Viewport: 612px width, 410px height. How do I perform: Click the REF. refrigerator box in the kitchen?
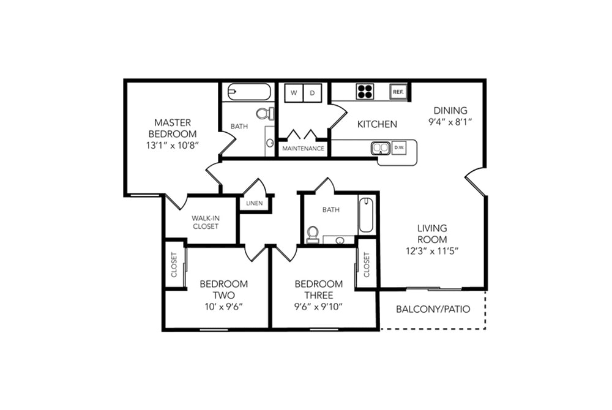coord(398,92)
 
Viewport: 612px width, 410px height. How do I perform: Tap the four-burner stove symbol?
coord(365,92)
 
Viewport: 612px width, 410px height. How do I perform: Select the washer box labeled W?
coord(294,93)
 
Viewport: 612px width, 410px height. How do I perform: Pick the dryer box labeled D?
coord(313,93)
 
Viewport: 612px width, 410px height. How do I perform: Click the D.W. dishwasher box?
coord(399,147)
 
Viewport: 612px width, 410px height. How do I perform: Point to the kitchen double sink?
coord(381,148)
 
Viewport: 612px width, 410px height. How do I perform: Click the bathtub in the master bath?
coord(249,92)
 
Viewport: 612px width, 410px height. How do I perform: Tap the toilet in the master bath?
coord(266,114)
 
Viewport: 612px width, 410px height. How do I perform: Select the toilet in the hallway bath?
coord(313,234)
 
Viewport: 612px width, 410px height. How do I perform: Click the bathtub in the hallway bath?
coord(366,215)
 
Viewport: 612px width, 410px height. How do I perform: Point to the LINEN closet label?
coord(255,203)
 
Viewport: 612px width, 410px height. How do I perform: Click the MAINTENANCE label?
coord(304,149)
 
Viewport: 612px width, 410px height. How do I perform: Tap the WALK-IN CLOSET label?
coord(206,222)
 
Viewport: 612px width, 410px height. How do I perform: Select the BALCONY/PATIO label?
coord(433,310)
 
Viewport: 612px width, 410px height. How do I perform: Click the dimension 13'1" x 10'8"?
coord(173,146)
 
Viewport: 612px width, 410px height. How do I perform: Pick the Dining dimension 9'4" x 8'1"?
coord(450,122)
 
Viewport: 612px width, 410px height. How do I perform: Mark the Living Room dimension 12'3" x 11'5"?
coord(432,251)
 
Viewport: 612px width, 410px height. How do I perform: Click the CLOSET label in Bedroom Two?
coord(174,265)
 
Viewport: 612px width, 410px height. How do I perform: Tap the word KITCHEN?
coord(377,124)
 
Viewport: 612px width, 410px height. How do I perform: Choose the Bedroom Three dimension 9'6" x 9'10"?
coord(318,307)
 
